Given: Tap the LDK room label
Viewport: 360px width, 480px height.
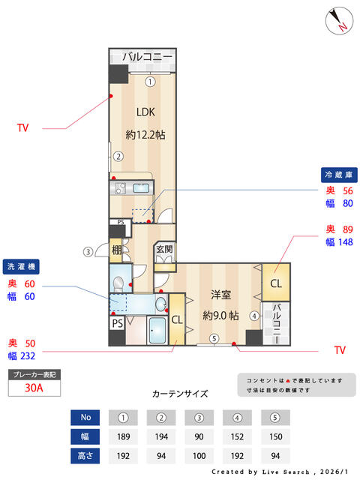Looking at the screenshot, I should [146, 112].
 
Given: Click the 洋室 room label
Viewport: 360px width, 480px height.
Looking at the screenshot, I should [220, 295].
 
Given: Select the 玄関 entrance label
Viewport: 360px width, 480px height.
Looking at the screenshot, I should [165, 250].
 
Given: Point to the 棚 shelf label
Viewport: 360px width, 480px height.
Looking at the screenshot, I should [116, 250].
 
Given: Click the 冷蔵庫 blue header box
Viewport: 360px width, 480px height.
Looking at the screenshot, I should [339, 174].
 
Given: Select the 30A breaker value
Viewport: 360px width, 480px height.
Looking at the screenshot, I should [34, 388].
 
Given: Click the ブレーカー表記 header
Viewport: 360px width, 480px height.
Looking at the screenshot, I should [34, 373].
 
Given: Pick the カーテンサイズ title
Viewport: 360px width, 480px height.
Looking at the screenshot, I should [180, 393].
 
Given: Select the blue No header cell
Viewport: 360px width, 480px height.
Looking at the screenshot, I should [85, 417].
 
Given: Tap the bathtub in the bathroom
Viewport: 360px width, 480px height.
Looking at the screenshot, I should [158, 330].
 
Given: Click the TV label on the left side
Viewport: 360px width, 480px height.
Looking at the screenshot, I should [22, 128].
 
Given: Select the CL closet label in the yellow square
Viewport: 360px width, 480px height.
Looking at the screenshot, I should [275, 283].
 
